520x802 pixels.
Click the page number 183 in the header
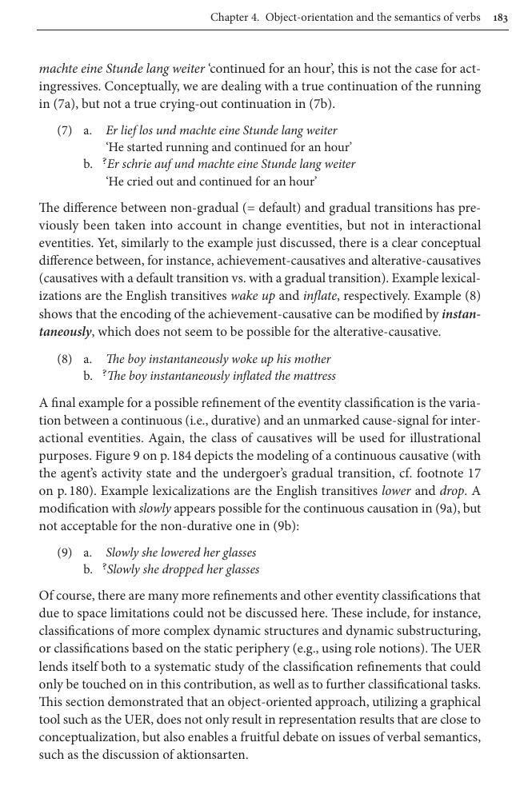click(x=501, y=18)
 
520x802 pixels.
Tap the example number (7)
click(x=65, y=130)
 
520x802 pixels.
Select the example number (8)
click(x=65, y=359)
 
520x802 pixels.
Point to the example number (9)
click(x=65, y=553)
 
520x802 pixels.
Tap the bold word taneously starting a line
click(x=66, y=332)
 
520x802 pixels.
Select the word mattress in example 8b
click(x=312, y=376)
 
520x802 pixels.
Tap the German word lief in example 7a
click(x=127, y=130)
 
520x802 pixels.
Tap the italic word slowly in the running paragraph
click(x=155, y=508)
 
